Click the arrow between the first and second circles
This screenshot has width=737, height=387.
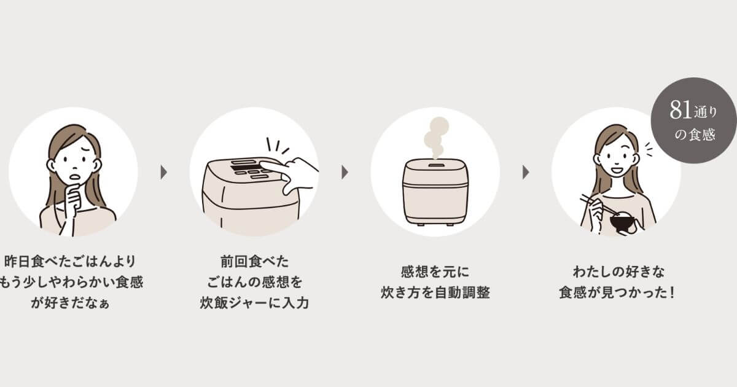click(x=163, y=172)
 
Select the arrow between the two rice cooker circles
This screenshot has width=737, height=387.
click(x=345, y=172)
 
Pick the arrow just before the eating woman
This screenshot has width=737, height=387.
click(x=526, y=172)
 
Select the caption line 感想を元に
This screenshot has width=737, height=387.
click(x=435, y=271)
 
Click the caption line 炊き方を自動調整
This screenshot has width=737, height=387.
click(x=435, y=292)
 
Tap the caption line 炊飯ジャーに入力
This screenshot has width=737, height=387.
click(x=254, y=303)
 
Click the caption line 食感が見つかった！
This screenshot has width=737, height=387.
click(x=617, y=292)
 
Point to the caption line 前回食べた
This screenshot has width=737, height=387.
click(x=254, y=260)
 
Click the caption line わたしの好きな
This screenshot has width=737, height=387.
click(x=616, y=271)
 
